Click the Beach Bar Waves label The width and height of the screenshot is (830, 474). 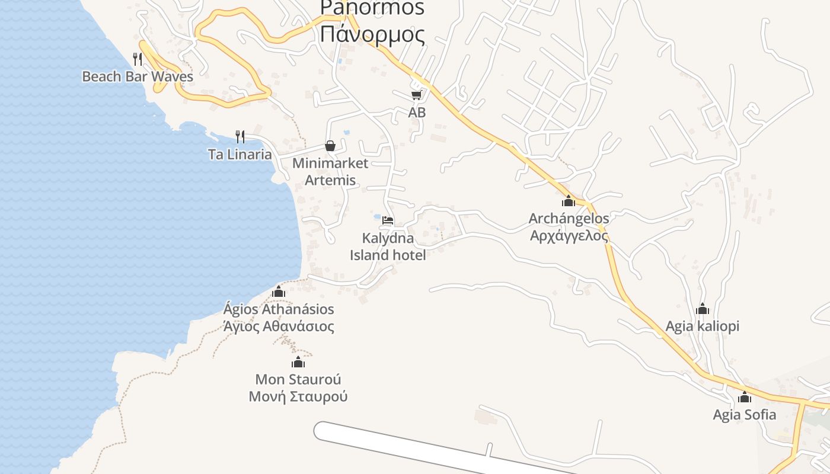point(138,76)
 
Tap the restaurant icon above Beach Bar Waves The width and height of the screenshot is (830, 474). point(138,59)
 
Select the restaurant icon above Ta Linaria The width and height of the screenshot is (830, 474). point(240,137)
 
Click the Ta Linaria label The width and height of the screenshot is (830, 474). point(240,155)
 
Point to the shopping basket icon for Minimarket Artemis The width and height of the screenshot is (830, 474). point(330,146)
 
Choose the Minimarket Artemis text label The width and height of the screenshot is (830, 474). point(330,171)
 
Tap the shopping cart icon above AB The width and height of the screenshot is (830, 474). point(417,95)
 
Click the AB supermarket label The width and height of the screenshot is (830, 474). point(417,112)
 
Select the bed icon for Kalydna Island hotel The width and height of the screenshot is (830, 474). point(388,220)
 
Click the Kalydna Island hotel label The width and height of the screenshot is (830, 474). point(388,246)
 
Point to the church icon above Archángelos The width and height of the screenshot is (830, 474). point(569,201)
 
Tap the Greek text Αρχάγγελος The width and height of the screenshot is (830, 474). point(569,236)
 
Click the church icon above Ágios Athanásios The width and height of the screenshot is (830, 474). point(279,292)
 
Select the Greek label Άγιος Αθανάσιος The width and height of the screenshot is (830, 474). point(279,326)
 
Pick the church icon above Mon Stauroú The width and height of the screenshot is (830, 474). point(298,362)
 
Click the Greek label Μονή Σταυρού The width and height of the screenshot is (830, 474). point(298,396)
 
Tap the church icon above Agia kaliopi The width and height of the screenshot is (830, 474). point(703,309)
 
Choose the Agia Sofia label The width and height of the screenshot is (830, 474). point(744,414)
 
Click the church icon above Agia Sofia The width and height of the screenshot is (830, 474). point(744,397)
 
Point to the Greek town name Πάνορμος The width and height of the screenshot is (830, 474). point(372,34)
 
